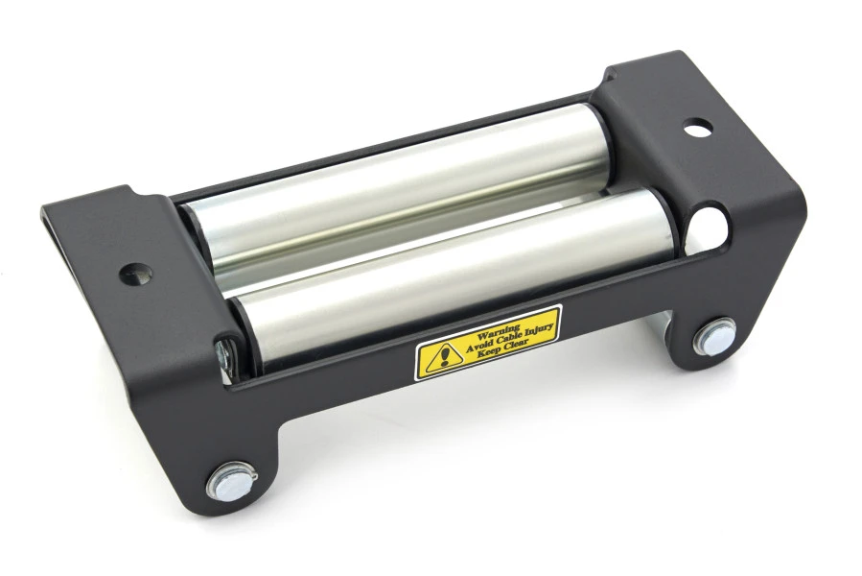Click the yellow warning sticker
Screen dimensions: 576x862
pos(488,342)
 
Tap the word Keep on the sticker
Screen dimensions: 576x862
pos(487,352)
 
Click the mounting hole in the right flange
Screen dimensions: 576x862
pos(698,127)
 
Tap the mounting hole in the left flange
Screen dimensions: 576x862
pos(135,274)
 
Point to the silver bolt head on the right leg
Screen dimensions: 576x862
pos(714,337)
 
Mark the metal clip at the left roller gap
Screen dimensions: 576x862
pos(222,355)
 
